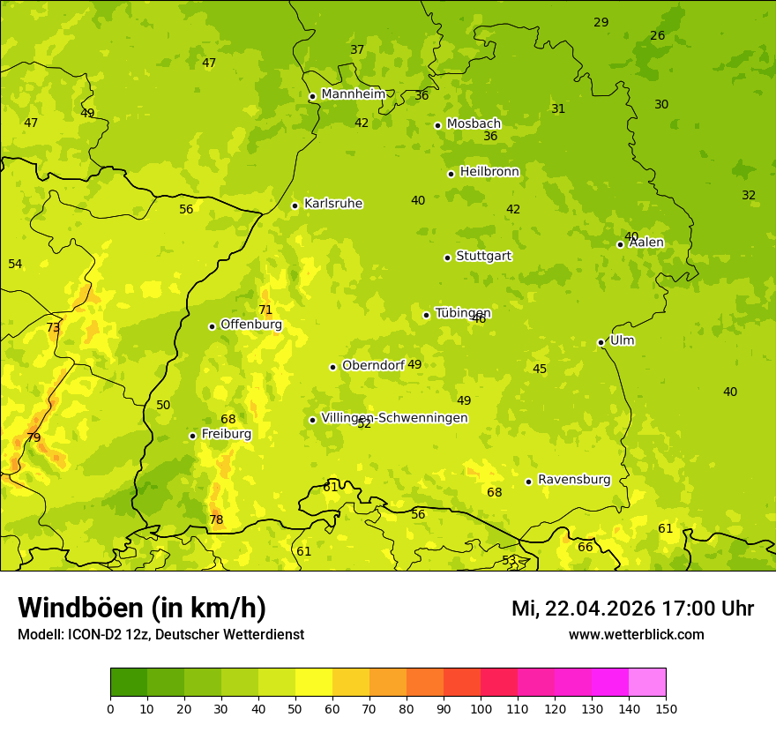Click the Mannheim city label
[353, 94]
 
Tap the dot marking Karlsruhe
[295, 205]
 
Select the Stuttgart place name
[483, 257]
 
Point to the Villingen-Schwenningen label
[394, 418]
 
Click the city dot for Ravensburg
[529, 482]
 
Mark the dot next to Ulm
[601, 342]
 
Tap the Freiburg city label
[226, 434]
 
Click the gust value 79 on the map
[34, 437]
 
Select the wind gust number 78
[216, 519]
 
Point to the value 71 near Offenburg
[265, 310]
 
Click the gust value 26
[658, 35]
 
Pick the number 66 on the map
[586, 547]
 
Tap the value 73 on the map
[53, 327]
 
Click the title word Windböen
[80, 609]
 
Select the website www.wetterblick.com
[636, 635]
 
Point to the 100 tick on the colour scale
[481, 707]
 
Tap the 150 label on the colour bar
[665, 707]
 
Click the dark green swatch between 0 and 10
[129, 683]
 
